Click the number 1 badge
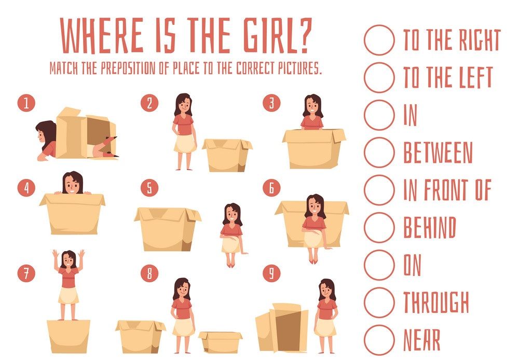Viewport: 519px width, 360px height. [x=26, y=103]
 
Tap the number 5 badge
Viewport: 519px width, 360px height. [x=149, y=188]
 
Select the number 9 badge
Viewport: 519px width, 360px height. [x=271, y=273]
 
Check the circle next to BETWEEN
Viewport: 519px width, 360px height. [x=379, y=152]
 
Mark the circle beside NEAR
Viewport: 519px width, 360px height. [x=379, y=340]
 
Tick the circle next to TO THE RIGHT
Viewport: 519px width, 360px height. [x=379, y=40]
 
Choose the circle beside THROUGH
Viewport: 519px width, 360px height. [x=379, y=302]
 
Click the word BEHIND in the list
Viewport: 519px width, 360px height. [x=430, y=228]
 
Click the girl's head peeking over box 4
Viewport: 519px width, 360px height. [x=73, y=183]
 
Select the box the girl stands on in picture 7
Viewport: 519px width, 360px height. [x=69, y=336]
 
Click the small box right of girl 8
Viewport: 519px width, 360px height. [x=221, y=342]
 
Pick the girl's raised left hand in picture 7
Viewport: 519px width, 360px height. [x=81, y=255]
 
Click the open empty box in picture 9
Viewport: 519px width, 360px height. [x=282, y=327]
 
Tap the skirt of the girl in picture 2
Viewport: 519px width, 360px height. [x=185, y=143]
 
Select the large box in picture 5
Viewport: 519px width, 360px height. [x=168, y=229]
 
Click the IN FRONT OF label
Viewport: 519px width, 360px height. [x=447, y=190]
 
